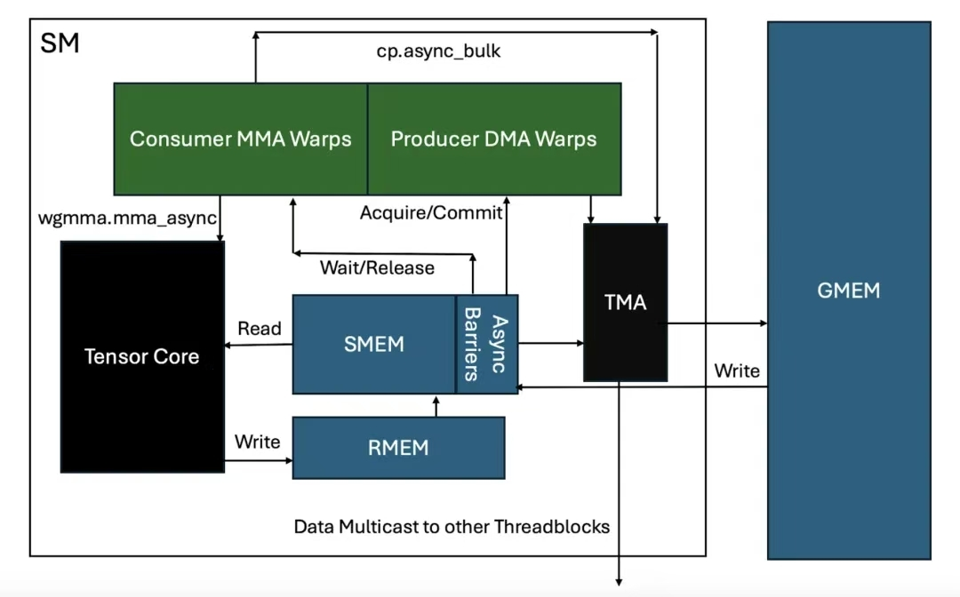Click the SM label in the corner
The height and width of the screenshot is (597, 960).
pyautogui.click(x=60, y=44)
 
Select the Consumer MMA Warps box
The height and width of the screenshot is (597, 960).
pyautogui.click(x=240, y=139)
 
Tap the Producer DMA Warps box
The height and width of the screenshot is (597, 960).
pyautogui.click(x=494, y=139)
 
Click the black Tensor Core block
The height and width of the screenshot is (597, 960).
pyautogui.click(x=141, y=356)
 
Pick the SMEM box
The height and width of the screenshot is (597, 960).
pyautogui.click(x=374, y=344)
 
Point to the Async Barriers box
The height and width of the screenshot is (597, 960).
pyautogui.click(x=487, y=344)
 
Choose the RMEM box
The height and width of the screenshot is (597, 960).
pyautogui.click(x=398, y=448)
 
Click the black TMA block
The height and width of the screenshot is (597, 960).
pyautogui.click(x=625, y=302)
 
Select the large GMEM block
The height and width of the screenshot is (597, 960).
pyautogui.click(x=849, y=291)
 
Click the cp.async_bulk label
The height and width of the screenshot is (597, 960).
pyautogui.click(x=438, y=51)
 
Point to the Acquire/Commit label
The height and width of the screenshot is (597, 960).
pyautogui.click(x=431, y=213)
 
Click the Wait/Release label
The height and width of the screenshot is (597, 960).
pyautogui.click(x=377, y=267)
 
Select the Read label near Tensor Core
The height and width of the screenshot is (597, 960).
pyautogui.click(x=260, y=329)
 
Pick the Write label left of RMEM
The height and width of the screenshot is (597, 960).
pyautogui.click(x=257, y=442)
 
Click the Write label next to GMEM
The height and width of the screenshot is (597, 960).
pyautogui.click(x=737, y=370)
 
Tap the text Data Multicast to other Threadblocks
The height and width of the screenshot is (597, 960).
pyautogui.click(x=452, y=527)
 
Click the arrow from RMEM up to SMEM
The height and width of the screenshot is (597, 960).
pyautogui.click(x=436, y=406)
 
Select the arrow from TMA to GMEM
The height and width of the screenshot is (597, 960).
pyautogui.click(x=716, y=323)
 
